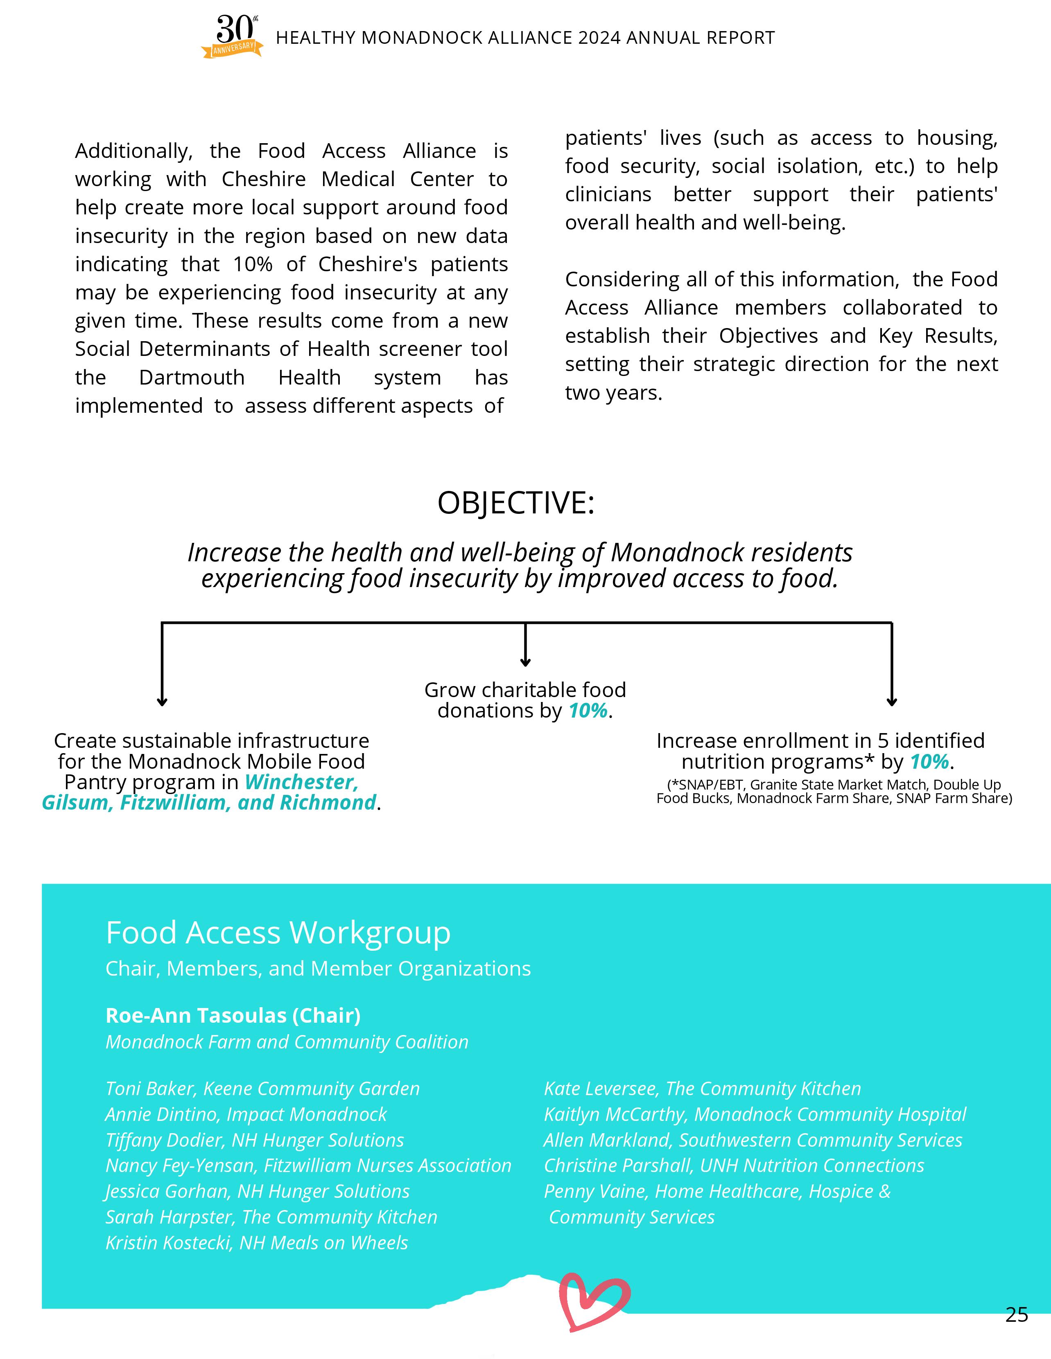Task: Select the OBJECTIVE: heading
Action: (515, 503)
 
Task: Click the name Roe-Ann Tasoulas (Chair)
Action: (233, 1015)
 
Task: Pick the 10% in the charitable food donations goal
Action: (588, 711)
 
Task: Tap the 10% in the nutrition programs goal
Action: (929, 762)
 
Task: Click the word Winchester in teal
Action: (301, 782)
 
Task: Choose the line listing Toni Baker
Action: (262, 1088)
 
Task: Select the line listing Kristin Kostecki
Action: (257, 1243)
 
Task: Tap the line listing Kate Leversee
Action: (702, 1088)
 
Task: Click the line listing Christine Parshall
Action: (733, 1165)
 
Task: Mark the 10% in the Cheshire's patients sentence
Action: (253, 264)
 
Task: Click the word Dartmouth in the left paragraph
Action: (192, 378)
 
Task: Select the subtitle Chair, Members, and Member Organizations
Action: (318, 969)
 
